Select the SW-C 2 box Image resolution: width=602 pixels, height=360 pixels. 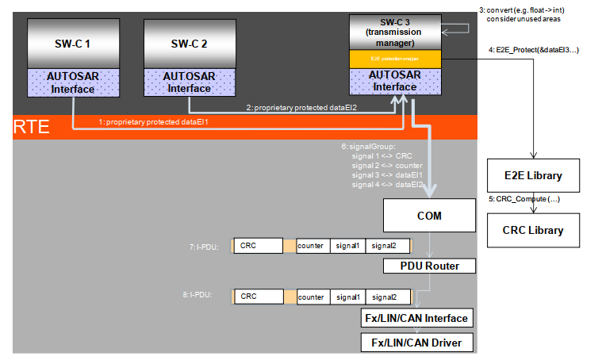click(188, 44)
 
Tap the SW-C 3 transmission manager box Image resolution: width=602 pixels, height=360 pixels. click(395, 32)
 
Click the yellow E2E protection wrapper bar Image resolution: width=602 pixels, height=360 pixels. click(395, 58)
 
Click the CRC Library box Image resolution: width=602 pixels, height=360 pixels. click(532, 230)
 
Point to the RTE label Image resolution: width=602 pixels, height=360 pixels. click(31, 126)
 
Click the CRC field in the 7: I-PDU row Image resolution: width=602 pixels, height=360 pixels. click(258, 246)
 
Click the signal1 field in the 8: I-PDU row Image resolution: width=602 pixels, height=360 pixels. click(347, 297)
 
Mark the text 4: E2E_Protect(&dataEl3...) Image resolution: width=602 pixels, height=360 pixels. click(532, 50)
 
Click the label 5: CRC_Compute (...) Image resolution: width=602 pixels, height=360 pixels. click(524, 199)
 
